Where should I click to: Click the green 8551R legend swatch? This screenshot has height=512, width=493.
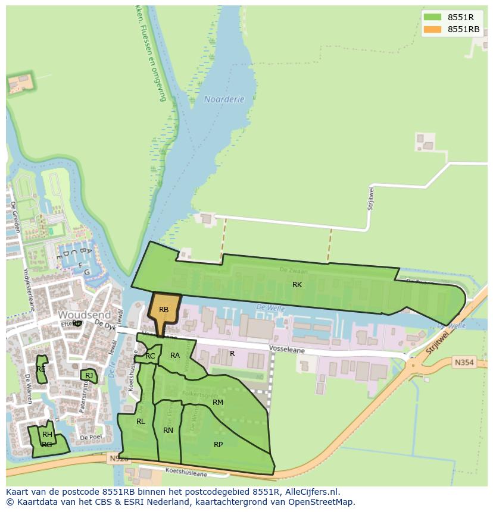(433, 17)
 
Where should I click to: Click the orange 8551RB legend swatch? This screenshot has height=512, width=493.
(433, 29)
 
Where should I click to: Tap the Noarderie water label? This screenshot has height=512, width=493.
(224, 99)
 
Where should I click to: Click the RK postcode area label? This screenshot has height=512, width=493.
(297, 285)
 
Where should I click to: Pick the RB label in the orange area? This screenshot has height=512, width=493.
(164, 310)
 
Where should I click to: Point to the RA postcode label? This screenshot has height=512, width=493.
(175, 356)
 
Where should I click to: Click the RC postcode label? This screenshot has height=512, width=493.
(150, 356)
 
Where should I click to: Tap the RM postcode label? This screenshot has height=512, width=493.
(218, 403)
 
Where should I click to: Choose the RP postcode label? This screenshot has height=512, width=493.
(219, 445)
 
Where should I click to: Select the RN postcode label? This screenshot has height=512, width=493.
(169, 431)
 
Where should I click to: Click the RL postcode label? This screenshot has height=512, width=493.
(141, 422)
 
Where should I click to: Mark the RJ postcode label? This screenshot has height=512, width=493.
(89, 376)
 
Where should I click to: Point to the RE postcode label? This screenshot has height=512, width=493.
(41, 369)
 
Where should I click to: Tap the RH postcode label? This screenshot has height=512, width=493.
(47, 435)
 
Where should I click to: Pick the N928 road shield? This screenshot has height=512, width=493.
(119, 458)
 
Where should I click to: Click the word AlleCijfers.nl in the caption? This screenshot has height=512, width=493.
(310, 492)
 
